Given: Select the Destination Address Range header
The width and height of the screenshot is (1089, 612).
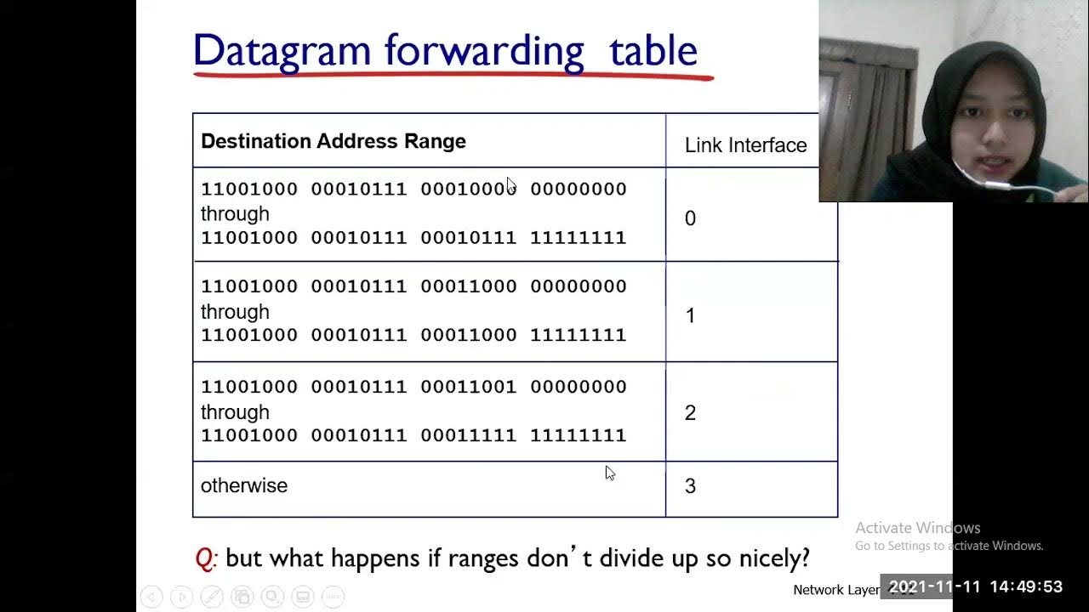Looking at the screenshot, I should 333,141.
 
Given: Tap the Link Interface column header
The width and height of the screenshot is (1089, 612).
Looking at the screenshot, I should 745,145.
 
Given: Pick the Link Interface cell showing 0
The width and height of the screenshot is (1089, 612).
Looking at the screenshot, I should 690,218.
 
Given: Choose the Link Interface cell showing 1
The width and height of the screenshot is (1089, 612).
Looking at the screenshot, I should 690,315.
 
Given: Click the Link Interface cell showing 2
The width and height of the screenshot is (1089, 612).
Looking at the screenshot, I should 690,412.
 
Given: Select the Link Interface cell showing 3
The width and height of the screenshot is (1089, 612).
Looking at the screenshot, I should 690,485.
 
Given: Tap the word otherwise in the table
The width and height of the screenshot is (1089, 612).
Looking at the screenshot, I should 244,485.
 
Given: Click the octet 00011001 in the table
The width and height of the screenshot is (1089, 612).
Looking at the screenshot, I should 469,387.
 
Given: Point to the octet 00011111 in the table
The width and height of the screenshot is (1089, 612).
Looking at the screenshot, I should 469,435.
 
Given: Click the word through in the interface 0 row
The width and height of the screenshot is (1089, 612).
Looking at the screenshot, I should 235,213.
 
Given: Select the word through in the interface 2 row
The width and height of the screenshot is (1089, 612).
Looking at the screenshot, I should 235,411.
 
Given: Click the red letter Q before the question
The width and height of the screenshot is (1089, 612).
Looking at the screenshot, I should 206,558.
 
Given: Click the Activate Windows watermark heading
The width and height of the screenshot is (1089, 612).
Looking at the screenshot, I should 917,528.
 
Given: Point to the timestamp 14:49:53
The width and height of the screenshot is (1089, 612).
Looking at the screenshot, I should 1027,586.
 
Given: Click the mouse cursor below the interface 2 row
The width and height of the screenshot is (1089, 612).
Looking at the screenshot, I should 610,473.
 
